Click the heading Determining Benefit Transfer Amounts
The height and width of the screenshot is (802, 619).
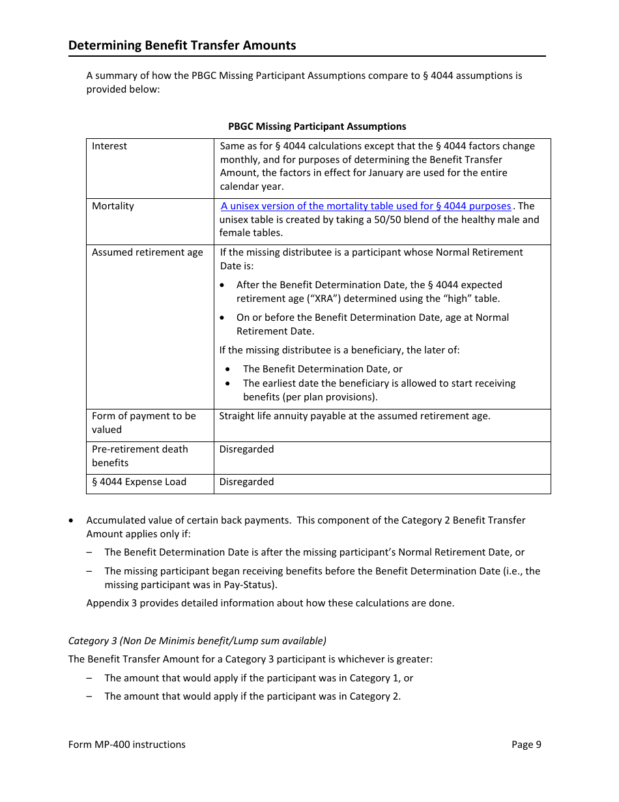(x=182, y=45)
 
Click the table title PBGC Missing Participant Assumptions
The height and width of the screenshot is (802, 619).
(x=317, y=126)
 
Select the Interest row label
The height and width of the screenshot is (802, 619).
(x=109, y=146)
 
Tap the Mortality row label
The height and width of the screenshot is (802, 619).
(x=113, y=206)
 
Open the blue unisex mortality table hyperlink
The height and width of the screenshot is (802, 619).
(x=366, y=206)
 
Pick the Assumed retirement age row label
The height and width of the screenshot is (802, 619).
(x=147, y=252)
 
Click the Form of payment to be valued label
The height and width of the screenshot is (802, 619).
(x=143, y=423)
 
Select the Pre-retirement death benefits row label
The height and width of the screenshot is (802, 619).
(x=139, y=456)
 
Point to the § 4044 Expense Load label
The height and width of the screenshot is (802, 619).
(x=139, y=482)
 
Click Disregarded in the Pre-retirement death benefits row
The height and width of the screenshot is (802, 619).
(x=246, y=449)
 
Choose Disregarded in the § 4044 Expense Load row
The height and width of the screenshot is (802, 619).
(x=246, y=482)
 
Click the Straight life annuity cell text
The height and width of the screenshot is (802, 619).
(x=354, y=416)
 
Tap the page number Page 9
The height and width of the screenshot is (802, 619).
(x=526, y=745)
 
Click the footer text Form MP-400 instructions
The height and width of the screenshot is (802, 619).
(x=126, y=745)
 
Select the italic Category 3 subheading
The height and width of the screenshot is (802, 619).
(x=197, y=640)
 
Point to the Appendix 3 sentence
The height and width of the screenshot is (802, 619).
(x=270, y=603)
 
